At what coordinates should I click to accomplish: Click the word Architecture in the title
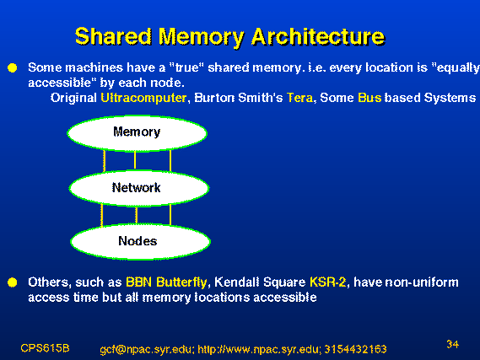pyautogui.click(x=318, y=36)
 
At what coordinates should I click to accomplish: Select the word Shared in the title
pyautogui.click(x=113, y=36)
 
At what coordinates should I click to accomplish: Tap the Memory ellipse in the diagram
pyautogui.click(x=137, y=133)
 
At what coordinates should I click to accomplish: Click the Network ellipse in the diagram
pyautogui.click(x=139, y=188)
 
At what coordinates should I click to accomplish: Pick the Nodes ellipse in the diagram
pyautogui.click(x=141, y=242)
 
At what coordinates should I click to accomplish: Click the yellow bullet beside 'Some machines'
pyautogui.click(x=13, y=67)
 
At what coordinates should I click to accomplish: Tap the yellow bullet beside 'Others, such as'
pyautogui.click(x=13, y=282)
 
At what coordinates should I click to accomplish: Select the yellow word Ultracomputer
pyautogui.click(x=143, y=98)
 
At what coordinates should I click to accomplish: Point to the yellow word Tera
pyautogui.click(x=300, y=98)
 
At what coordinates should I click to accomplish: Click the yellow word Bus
pyautogui.click(x=369, y=98)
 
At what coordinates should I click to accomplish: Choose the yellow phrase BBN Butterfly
pyautogui.click(x=166, y=282)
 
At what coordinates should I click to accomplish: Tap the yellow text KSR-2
pyautogui.click(x=328, y=282)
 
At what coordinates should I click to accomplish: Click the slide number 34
pyautogui.click(x=452, y=344)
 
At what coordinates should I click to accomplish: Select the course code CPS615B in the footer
pyautogui.click(x=45, y=348)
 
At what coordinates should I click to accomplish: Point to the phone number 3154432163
pyautogui.click(x=355, y=349)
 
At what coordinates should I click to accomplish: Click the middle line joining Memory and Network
pyautogui.click(x=135, y=160)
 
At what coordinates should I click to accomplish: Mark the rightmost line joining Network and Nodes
pyautogui.click(x=170, y=215)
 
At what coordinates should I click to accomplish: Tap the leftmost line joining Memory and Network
pyautogui.click(x=105, y=161)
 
